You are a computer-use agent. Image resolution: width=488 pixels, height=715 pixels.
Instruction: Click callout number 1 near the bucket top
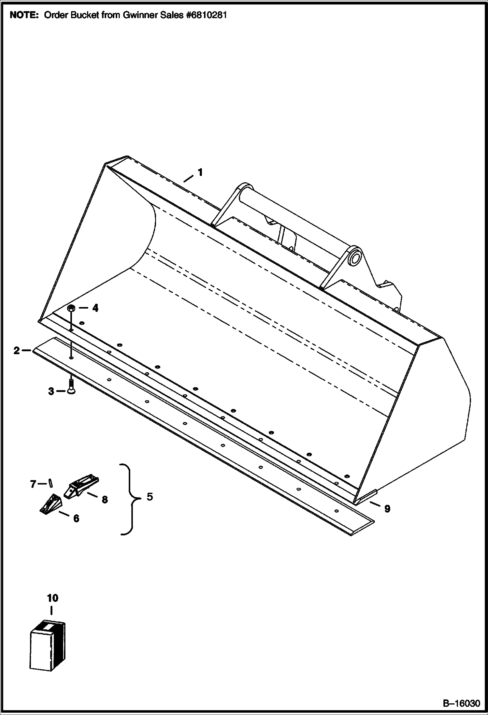(x=200, y=172)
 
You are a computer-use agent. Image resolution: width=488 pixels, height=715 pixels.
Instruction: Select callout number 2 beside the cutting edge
(x=17, y=351)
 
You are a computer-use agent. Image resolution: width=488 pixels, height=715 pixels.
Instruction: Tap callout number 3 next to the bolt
(x=51, y=391)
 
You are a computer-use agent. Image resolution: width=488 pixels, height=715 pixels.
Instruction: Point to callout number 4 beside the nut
(x=95, y=308)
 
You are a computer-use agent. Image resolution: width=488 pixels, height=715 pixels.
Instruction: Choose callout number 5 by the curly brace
(x=150, y=497)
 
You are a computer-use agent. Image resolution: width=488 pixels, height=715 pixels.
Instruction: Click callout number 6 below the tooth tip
(x=76, y=518)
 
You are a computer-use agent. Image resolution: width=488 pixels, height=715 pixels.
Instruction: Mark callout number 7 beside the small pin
(x=33, y=485)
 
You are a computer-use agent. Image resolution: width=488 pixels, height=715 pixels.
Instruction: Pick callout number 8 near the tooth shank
(x=105, y=500)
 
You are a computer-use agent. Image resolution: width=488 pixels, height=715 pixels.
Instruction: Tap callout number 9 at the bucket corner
(x=387, y=508)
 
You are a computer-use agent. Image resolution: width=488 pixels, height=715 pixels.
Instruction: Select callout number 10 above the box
(x=52, y=598)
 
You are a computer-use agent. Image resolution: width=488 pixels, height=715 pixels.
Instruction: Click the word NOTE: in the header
(x=24, y=15)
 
